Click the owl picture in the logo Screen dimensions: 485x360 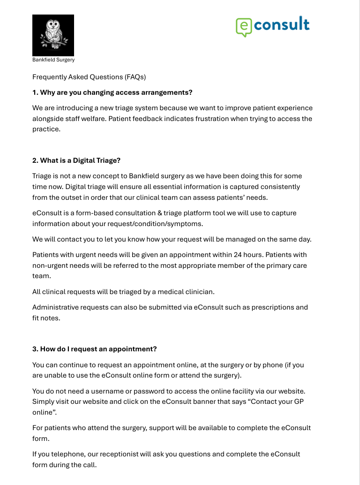click(53, 36)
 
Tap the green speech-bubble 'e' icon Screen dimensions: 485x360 click(243, 27)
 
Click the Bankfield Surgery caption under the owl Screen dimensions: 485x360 click(53, 60)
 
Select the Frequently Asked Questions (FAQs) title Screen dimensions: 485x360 click(89, 77)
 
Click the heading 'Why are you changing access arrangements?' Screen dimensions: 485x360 click(112, 92)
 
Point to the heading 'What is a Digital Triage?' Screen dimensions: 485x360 click(76, 160)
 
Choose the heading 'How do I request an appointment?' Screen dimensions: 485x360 click(94, 349)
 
